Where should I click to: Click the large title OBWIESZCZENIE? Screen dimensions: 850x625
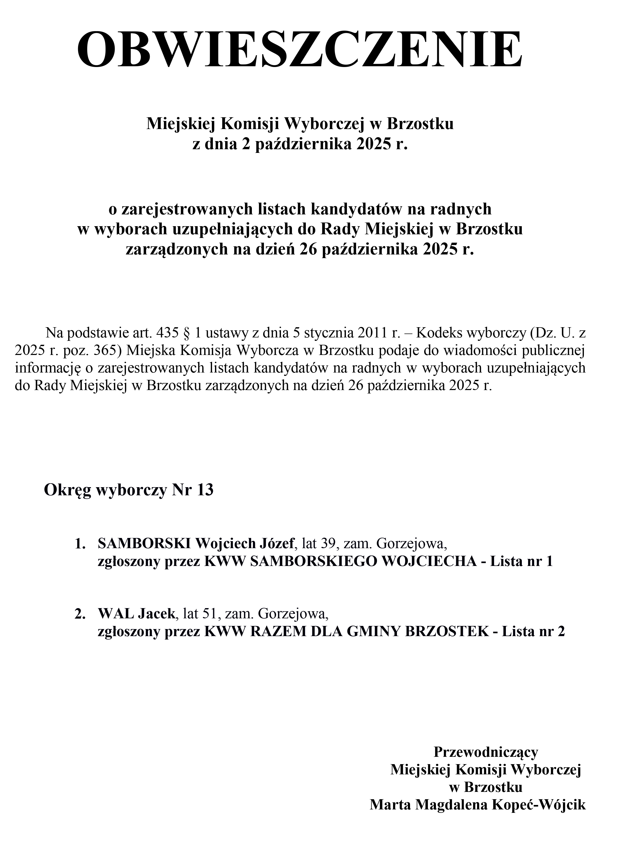(x=300, y=49)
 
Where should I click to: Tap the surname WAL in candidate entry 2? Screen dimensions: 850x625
(x=115, y=614)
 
